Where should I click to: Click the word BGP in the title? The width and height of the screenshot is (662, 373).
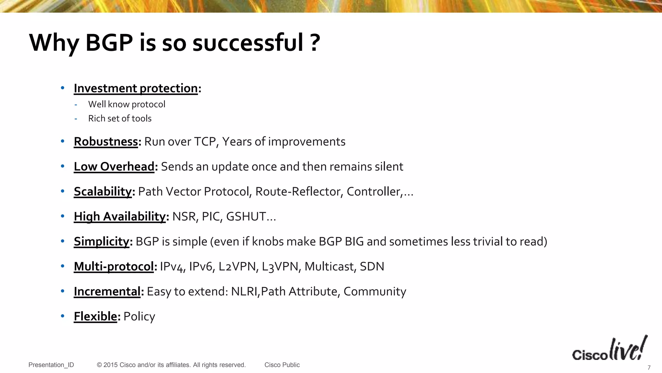click(109, 43)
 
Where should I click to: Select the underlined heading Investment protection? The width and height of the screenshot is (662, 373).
click(135, 88)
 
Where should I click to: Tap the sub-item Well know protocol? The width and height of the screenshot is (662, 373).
click(126, 104)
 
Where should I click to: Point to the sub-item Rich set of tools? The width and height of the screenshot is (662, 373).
click(120, 119)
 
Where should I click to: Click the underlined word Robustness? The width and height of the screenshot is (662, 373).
click(106, 142)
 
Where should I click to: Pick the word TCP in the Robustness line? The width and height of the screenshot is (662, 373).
click(205, 142)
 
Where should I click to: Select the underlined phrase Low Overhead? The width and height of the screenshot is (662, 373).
click(114, 167)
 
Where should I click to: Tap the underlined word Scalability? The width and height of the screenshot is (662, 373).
click(102, 192)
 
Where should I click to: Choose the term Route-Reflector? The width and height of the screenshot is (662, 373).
click(299, 192)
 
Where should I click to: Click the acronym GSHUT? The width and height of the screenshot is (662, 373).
click(246, 217)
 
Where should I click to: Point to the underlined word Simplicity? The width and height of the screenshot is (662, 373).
click(101, 242)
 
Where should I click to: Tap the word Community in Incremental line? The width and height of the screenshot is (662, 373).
click(375, 291)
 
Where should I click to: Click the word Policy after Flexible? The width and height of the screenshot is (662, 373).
click(139, 316)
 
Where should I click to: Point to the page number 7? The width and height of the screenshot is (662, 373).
click(649, 367)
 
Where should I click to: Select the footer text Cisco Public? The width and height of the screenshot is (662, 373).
click(282, 365)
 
